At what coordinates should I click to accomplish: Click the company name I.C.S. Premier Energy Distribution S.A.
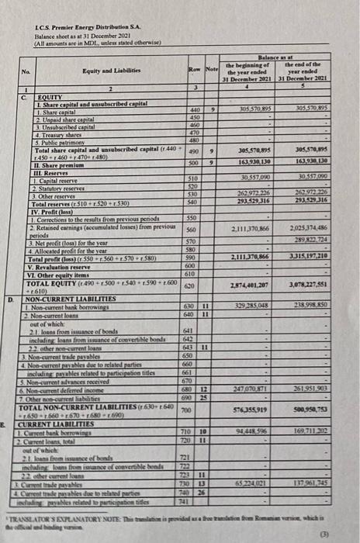click(74, 29)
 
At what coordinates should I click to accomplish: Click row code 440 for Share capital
click(194, 111)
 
